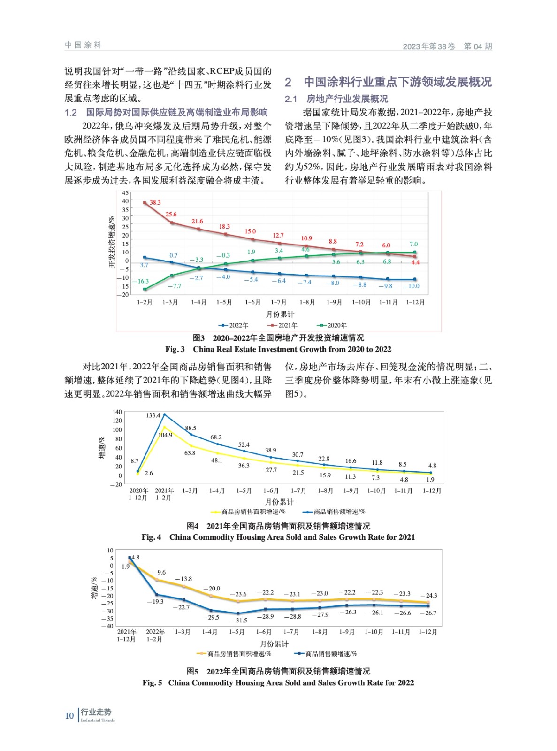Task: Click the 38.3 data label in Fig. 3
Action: click(x=155, y=203)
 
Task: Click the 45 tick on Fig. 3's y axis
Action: click(x=125, y=193)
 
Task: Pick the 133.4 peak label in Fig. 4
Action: click(x=153, y=415)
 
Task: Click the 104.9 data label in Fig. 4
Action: click(x=165, y=435)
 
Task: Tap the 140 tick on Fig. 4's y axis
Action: click(x=117, y=412)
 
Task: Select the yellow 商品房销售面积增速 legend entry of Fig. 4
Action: click(x=248, y=512)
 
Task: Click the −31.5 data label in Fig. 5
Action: click(x=239, y=620)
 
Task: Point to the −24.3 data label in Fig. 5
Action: click(x=428, y=595)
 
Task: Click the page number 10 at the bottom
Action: click(x=69, y=715)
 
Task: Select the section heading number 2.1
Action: click(x=291, y=99)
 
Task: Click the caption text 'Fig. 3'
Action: click(x=175, y=349)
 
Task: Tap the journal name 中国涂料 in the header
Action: click(x=83, y=45)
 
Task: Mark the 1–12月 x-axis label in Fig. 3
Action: click(x=415, y=302)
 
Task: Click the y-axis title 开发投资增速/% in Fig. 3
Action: click(x=112, y=242)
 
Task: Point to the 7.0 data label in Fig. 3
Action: click(x=413, y=244)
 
